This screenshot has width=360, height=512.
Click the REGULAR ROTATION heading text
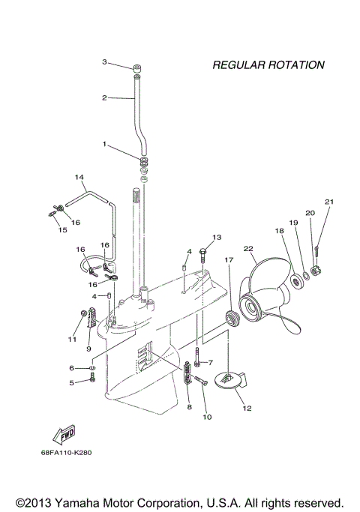pyautogui.click(x=268, y=65)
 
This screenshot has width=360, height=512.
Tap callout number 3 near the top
pyautogui.click(x=105, y=61)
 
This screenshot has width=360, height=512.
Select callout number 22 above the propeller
pyautogui.click(x=248, y=248)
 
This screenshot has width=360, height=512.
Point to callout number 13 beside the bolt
pyautogui.click(x=217, y=238)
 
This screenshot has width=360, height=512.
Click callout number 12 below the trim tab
pyautogui.click(x=247, y=409)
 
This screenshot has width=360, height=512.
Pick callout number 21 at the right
pyautogui.click(x=328, y=202)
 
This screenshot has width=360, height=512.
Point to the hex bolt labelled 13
pyautogui.click(x=205, y=258)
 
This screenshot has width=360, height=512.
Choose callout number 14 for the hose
pyautogui.click(x=78, y=178)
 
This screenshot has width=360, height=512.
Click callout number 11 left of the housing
pyautogui.click(x=73, y=340)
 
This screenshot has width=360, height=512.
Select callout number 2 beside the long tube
pyautogui.click(x=105, y=97)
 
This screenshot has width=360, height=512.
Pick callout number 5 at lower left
pyautogui.click(x=73, y=383)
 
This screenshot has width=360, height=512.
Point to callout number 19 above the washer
pyautogui.click(x=294, y=223)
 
